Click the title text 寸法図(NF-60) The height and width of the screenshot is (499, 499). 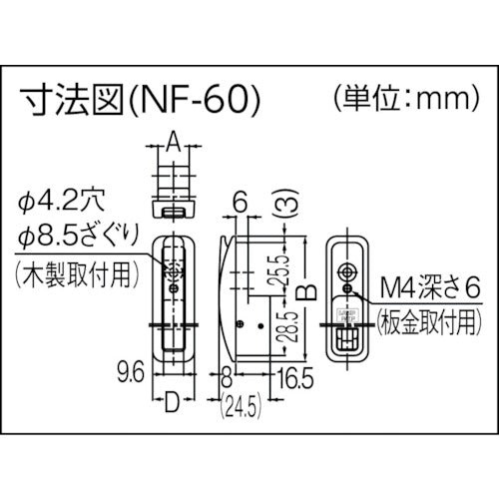pos(140,101)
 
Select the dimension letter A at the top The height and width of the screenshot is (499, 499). pos(173,145)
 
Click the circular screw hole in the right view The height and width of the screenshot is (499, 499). pos(347,270)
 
